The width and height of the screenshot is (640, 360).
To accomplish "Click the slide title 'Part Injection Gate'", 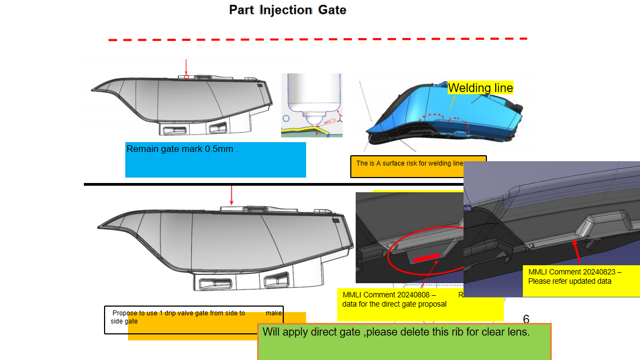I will (x=288, y=10).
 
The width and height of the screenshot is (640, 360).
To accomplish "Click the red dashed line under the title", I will (x=318, y=39).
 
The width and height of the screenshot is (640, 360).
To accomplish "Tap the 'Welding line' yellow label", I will (x=480, y=88).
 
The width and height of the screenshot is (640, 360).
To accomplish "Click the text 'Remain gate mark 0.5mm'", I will (x=182, y=149).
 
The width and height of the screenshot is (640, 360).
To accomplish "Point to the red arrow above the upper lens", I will (x=186, y=66).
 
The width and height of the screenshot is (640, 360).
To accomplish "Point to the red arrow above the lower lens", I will (x=231, y=194).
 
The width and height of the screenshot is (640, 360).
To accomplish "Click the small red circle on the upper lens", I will (x=186, y=77).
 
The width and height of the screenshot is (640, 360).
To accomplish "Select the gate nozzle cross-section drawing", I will (x=312, y=105).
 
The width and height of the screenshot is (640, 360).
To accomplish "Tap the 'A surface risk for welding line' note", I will (x=409, y=163).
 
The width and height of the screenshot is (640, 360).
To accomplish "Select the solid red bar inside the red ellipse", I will (x=426, y=258).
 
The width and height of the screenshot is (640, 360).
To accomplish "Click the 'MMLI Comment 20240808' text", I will (x=389, y=295).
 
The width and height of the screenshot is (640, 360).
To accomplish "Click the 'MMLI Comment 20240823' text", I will (x=575, y=272).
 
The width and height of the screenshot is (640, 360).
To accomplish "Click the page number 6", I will (x=526, y=319).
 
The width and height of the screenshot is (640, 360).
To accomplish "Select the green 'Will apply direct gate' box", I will (x=404, y=341).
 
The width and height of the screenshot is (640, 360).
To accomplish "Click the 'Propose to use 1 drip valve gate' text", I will (x=179, y=313).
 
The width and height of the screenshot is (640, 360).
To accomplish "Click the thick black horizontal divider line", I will (x=272, y=185).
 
